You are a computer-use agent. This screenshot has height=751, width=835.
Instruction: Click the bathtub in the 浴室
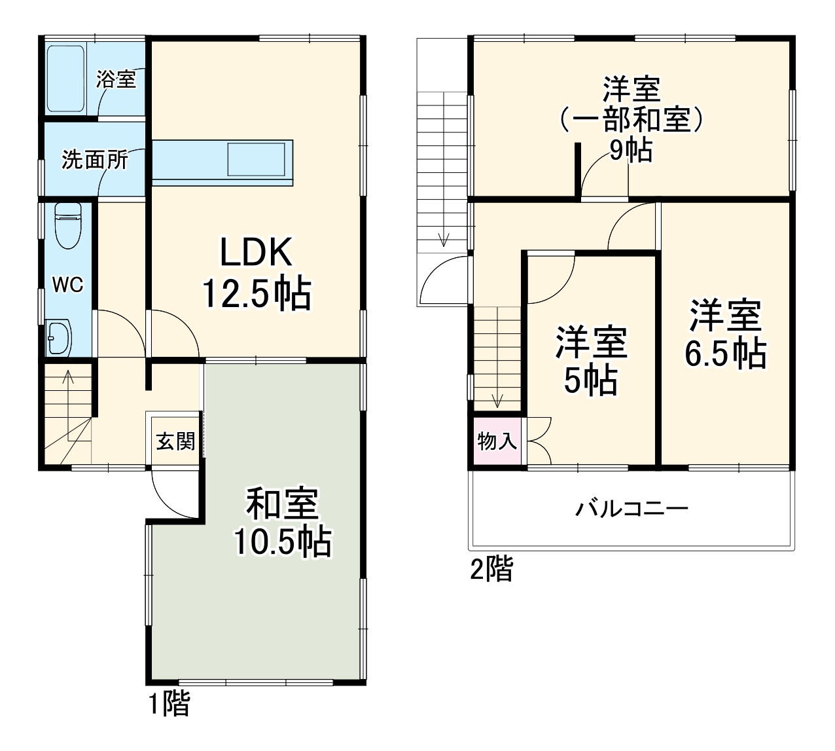(67, 79)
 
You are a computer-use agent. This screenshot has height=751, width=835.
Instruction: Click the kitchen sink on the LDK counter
(257, 159)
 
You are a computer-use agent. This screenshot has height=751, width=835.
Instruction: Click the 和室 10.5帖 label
(283, 522)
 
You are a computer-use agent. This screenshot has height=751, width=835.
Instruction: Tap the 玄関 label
(175, 441)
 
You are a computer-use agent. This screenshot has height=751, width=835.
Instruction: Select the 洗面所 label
(94, 160)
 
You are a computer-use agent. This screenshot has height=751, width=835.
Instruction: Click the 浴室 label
(116, 79)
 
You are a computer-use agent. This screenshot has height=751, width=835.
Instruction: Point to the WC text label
(68, 285)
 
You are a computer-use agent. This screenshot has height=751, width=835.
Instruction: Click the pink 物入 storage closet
(497, 441)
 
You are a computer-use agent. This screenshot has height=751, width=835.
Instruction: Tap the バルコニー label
(631, 509)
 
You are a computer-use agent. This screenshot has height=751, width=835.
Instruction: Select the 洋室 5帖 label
(591, 360)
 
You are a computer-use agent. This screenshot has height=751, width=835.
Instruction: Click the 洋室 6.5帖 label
(725, 335)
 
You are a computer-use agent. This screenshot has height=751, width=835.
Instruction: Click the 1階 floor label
(168, 704)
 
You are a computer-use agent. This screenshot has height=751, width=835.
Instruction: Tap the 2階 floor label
(491, 569)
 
